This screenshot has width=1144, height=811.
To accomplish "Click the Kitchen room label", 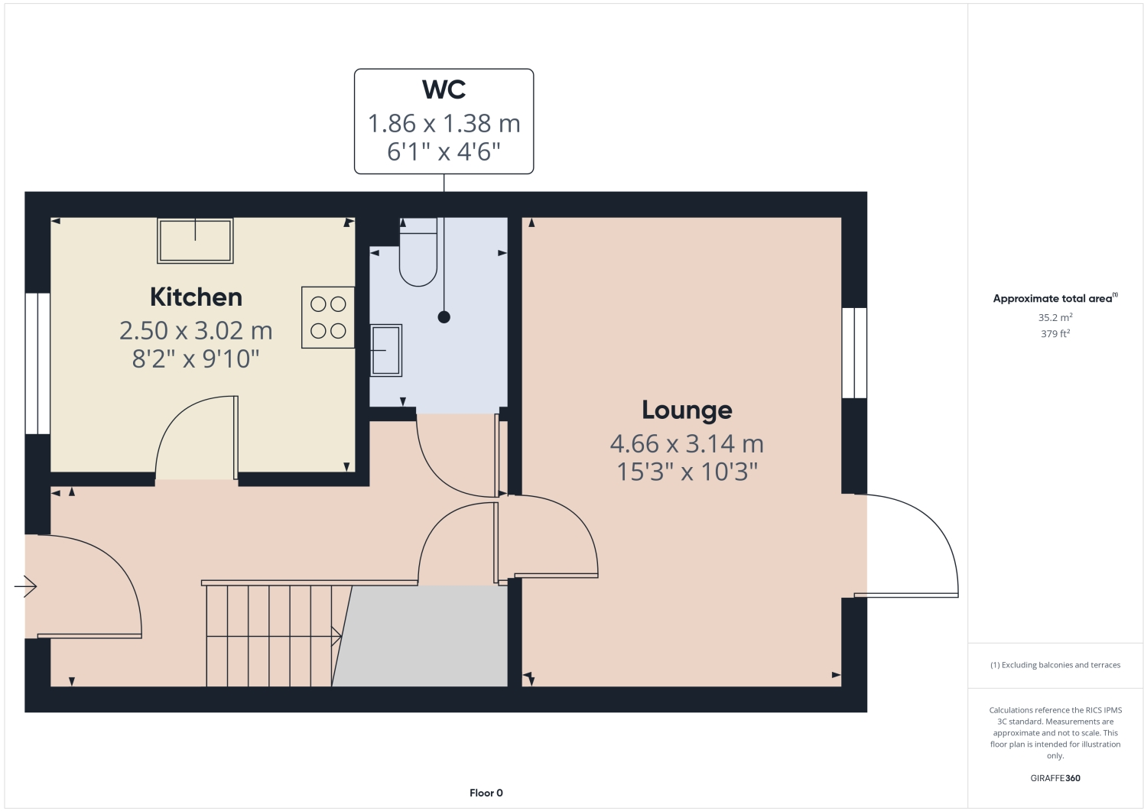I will coord(196,297).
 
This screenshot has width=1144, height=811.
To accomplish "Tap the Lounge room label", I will coord(687,410).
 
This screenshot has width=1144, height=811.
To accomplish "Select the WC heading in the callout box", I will coord(444,90).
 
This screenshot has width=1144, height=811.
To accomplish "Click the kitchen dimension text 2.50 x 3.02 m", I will coord(196,330).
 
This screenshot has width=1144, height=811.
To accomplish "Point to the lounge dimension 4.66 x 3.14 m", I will coord(687,443).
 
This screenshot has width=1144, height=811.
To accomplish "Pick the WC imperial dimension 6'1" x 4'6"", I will coord(444,152).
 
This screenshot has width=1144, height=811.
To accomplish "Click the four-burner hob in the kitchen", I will coord(328,317).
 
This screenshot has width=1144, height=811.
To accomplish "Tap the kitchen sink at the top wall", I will coord(195,241).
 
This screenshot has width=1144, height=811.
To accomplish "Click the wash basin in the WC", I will coord(386,350).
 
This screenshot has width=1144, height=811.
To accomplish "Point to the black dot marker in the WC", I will coord(444,317).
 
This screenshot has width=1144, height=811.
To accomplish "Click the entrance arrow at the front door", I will coord(26,586).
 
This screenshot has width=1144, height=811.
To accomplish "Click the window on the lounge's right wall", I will coord(854,352).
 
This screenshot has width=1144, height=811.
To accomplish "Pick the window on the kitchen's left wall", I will coord(37,363).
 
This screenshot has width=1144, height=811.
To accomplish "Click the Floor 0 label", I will coord(486,793).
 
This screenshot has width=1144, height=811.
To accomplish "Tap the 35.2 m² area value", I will coord(1055,317).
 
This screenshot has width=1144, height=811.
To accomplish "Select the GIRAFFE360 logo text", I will coord(1055,778).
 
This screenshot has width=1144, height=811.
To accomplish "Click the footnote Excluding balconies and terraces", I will coord(1055,665).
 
